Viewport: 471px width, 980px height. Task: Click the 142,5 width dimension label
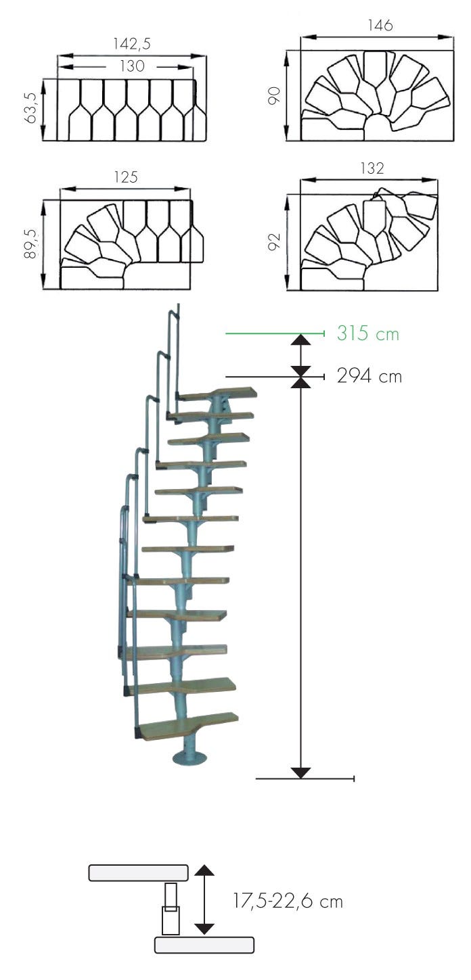point(132,44)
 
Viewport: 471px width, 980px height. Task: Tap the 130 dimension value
point(132,66)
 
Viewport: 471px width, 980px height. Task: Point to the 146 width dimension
point(380,26)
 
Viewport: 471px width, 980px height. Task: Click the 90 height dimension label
point(274,95)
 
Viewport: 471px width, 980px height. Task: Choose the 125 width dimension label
point(126,177)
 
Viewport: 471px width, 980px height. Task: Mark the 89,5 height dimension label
point(31,243)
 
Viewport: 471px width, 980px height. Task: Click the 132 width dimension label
point(372,168)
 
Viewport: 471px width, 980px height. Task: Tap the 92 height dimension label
point(274,241)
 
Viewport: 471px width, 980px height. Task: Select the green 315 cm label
point(368,333)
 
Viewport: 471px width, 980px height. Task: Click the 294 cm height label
point(369,376)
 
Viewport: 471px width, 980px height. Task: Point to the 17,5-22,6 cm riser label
point(288,902)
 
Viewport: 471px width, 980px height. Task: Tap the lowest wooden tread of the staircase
point(189,726)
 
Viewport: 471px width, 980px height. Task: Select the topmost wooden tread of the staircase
point(217,393)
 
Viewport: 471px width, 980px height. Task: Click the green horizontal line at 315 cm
point(275,334)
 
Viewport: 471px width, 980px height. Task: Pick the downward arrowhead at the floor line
point(300,773)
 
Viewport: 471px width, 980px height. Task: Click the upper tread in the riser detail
point(139,872)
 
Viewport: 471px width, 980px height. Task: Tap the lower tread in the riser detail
point(204,945)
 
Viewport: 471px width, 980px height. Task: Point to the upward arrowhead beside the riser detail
point(204,870)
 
